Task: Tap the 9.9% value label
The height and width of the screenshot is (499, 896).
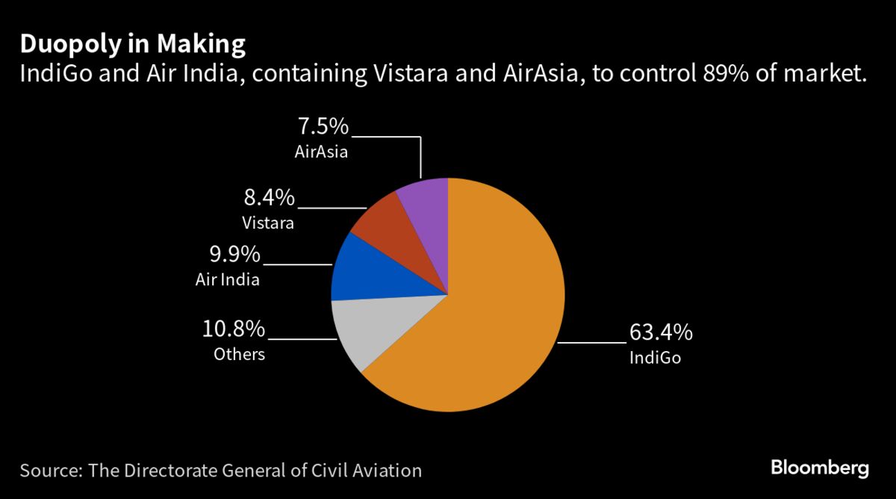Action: (x=235, y=255)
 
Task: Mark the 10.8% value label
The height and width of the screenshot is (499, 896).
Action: (x=234, y=329)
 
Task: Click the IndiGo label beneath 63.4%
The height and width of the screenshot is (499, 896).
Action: (x=656, y=358)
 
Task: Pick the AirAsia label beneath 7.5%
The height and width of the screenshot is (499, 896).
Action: (x=323, y=152)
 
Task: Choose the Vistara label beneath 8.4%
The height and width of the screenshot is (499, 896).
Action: (x=268, y=223)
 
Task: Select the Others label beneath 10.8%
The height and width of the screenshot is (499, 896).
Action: (x=240, y=354)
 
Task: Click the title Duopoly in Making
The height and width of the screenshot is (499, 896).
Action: (x=132, y=45)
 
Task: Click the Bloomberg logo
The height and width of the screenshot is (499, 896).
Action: (x=820, y=468)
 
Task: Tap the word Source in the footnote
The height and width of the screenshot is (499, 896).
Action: (x=50, y=471)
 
